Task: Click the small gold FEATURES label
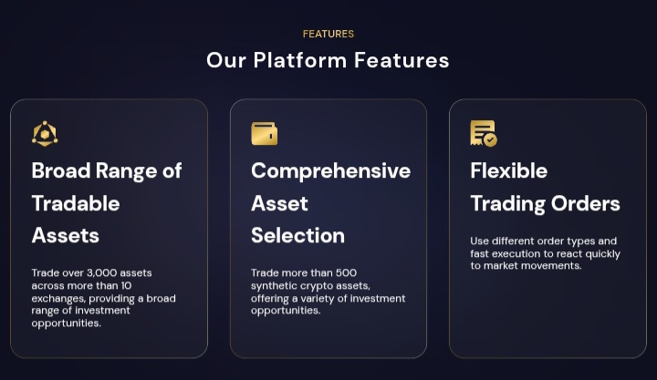pyautogui.click(x=328, y=34)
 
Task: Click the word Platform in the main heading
pyautogui.click(x=300, y=60)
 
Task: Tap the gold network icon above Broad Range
pyautogui.click(x=45, y=134)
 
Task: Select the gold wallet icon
pyautogui.click(x=264, y=134)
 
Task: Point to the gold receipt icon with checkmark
pyautogui.click(x=484, y=134)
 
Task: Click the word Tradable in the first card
pyautogui.click(x=76, y=203)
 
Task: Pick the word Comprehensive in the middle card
pyautogui.click(x=330, y=170)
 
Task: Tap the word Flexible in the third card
pyautogui.click(x=508, y=170)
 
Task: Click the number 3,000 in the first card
pyautogui.click(x=102, y=272)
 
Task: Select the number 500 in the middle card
pyautogui.click(x=346, y=272)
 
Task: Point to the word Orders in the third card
pyautogui.click(x=585, y=203)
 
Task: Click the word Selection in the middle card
pyautogui.click(x=297, y=235)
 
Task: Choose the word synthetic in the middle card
pyautogui.click(x=275, y=286)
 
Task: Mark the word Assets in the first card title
pyautogui.click(x=66, y=235)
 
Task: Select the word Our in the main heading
pyautogui.click(x=226, y=60)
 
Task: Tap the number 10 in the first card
pyautogui.click(x=127, y=286)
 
